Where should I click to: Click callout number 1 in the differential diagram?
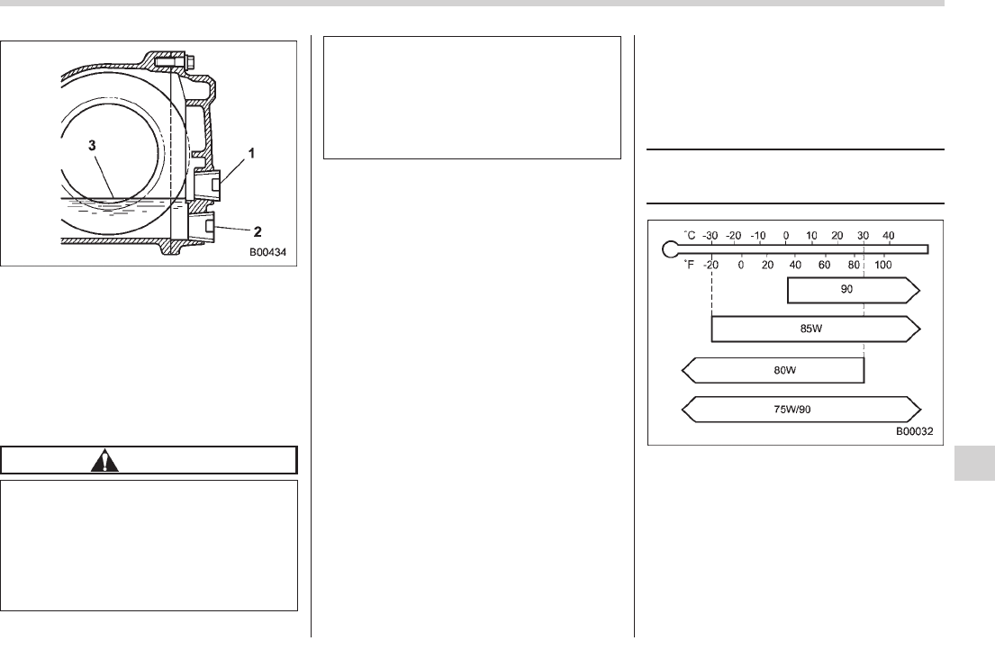click(x=251, y=154)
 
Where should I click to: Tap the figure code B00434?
click(x=270, y=253)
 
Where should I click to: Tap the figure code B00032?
click(x=914, y=432)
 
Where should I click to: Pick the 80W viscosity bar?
click(x=773, y=369)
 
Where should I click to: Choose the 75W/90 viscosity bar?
click(x=801, y=409)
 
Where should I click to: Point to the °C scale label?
click(x=691, y=235)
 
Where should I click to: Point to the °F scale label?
click(x=691, y=264)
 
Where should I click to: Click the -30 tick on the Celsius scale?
click(x=711, y=236)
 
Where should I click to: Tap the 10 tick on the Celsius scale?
click(x=811, y=236)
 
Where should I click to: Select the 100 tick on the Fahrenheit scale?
click(x=883, y=265)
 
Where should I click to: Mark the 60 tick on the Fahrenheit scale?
click(x=824, y=265)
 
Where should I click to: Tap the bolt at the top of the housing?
click(x=175, y=61)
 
